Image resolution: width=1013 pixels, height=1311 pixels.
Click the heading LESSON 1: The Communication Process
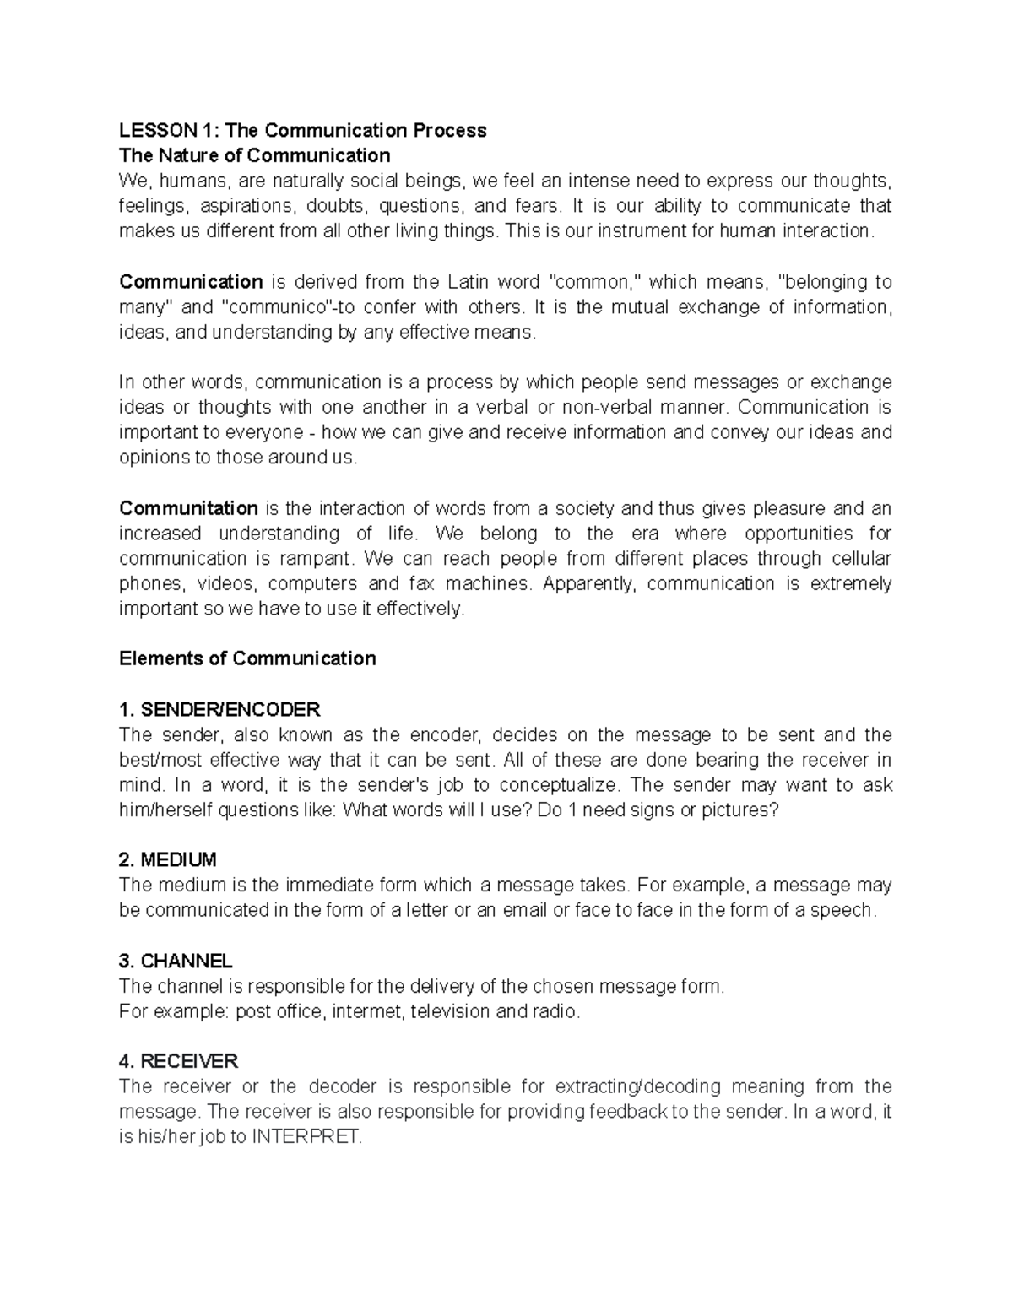pyautogui.click(x=302, y=130)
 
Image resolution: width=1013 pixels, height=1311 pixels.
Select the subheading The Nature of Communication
pyautogui.click(x=254, y=155)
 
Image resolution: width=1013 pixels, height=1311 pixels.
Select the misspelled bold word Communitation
pyautogui.click(x=188, y=508)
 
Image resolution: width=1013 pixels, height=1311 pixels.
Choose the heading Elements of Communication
pyautogui.click(x=247, y=658)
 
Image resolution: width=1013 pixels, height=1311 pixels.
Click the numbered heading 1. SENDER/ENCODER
pyautogui.click(x=219, y=709)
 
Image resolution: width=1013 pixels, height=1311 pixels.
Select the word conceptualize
pyautogui.click(x=559, y=785)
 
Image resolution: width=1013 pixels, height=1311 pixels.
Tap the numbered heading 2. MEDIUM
pyautogui.click(x=168, y=860)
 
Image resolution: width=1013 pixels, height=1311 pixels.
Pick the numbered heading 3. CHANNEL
pyautogui.click(x=176, y=962)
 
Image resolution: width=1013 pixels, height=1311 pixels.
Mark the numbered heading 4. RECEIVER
pyautogui.click(x=179, y=1061)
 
